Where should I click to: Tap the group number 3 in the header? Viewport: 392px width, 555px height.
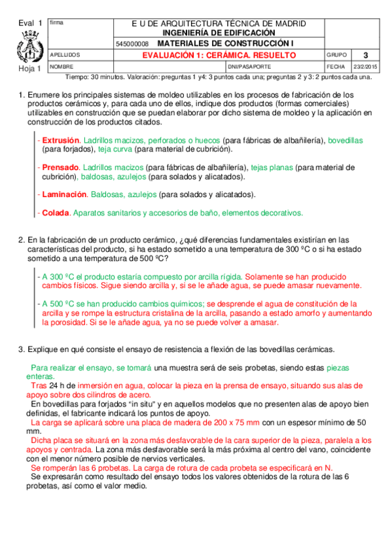[x=365, y=55]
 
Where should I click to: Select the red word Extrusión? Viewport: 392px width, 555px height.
[x=60, y=140]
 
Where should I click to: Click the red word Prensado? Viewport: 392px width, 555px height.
[x=60, y=168]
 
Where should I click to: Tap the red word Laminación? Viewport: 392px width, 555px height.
[x=64, y=194]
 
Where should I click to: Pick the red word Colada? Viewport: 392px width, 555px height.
[x=55, y=213]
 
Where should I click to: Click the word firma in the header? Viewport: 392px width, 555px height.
[x=56, y=24]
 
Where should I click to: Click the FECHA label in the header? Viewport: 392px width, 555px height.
[x=334, y=67]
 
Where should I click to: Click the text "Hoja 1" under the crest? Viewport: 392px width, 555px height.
[x=30, y=68]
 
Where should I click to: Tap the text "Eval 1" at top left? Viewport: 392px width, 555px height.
[x=30, y=24]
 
